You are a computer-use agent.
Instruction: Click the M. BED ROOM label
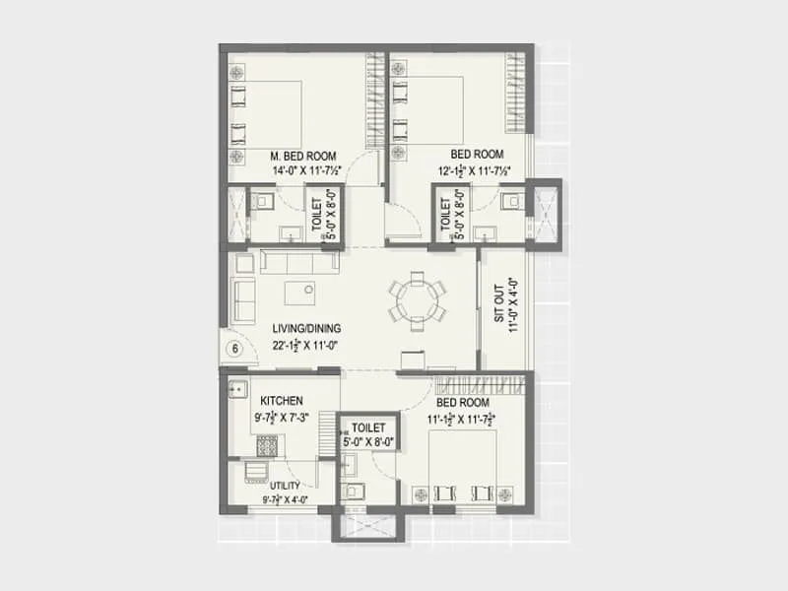pyautogui.click(x=303, y=156)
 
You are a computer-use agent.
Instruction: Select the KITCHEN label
pyautogui.click(x=281, y=401)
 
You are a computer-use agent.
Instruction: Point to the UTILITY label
pyautogui.click(x=285, y=486)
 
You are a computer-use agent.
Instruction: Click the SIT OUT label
pyautogui.click(x=499, y=304)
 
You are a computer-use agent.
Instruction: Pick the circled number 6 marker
pyautogui.click(x=235, y=348)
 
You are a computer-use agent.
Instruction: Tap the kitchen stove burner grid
pyautogui.click(x=268, y=445)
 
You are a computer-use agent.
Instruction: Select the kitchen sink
pyautogui.click(x=237, y=389)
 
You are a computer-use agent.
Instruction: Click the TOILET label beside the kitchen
pyautogui.click(x=367, y=427)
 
